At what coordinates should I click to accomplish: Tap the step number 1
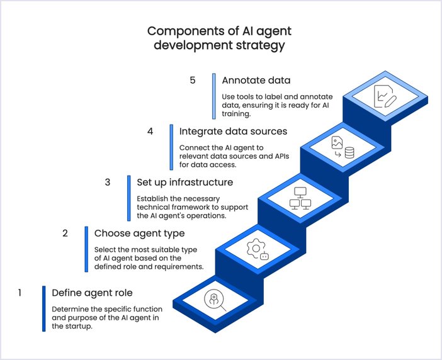(20, 293)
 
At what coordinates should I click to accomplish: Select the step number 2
(65, 233)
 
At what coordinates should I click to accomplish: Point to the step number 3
(108, 183)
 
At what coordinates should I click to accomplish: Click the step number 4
(150, 132)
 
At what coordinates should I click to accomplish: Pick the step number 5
(193, 81)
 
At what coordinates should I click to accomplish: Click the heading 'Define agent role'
(92, 293)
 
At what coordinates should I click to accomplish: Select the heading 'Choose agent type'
(139, 233)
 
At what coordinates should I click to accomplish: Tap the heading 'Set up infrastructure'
(184, 183)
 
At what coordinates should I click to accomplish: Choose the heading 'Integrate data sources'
(233, 132)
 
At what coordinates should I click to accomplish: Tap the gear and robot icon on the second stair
(258, 249)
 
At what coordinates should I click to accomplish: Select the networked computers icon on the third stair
(299, 198)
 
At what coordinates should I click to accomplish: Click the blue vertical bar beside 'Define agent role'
(43, 308)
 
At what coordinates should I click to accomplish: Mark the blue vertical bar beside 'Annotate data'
(214, 96)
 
